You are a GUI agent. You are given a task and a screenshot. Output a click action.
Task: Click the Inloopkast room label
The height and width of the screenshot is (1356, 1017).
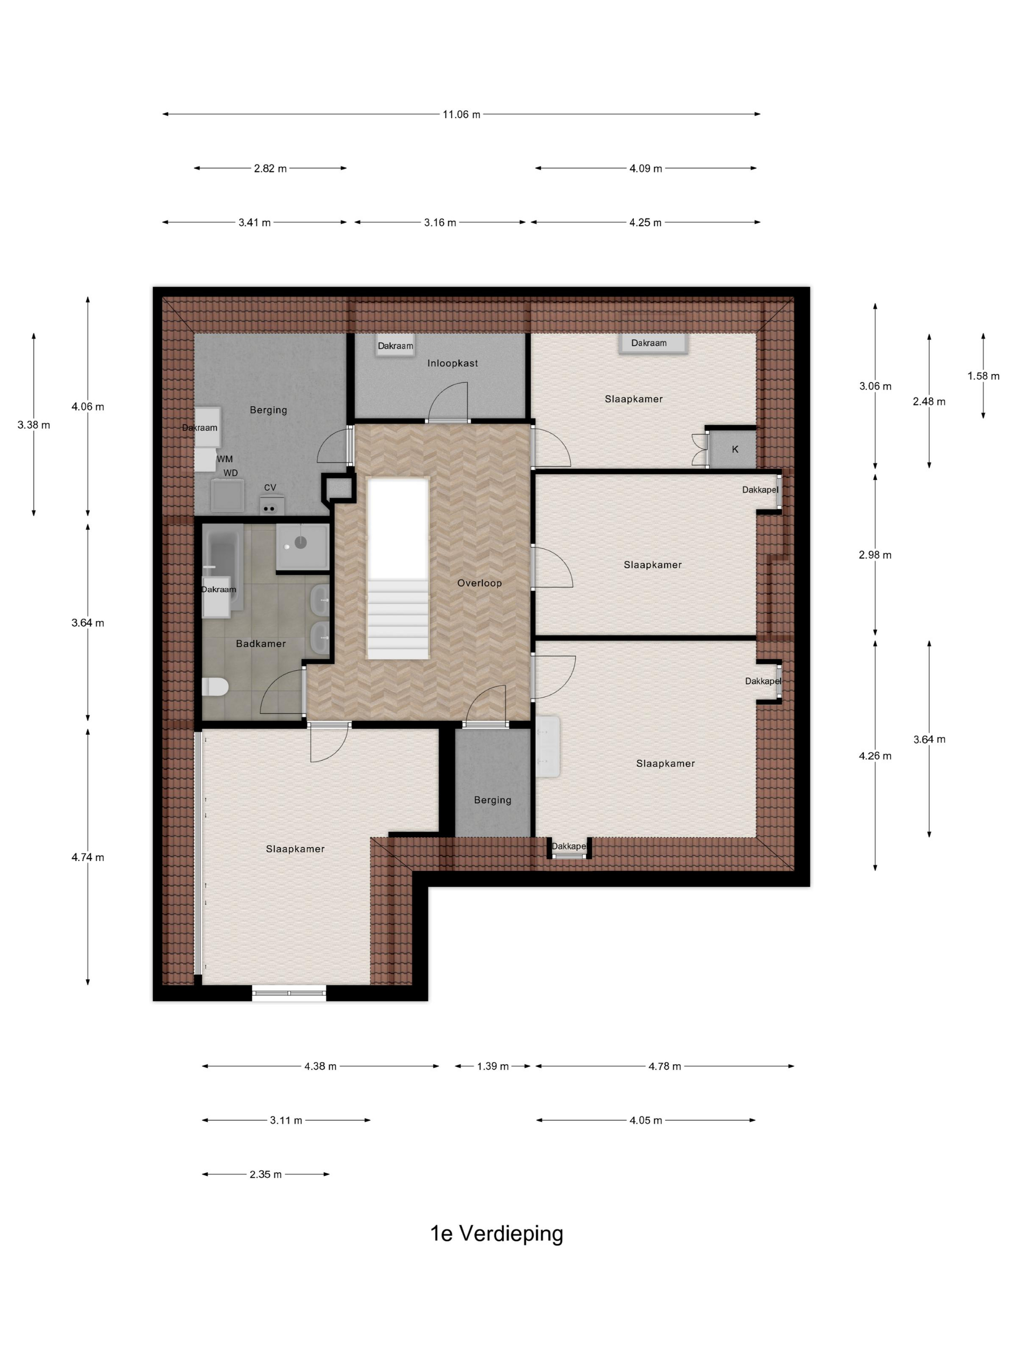pyautogui.click(x=452, y=363)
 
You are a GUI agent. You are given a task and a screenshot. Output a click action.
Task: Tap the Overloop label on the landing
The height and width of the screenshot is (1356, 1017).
pyautogui.click(x=479, y=583)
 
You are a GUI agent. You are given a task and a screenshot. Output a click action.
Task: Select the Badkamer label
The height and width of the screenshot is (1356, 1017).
pyautogui.click(x=261, y=644)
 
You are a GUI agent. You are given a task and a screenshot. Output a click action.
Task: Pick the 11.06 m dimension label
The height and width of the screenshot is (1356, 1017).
pyautogui.click(x=462, y=114)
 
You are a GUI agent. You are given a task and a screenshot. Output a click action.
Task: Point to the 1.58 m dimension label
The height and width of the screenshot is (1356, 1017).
pyautogui.click(x=983, y=376)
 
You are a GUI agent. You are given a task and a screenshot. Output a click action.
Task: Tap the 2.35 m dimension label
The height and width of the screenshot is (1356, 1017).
pyautogui.click(x=265, y=1174)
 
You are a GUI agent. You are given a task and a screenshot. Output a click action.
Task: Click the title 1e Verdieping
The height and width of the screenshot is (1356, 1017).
pyautogui.click(x=496, y=1233)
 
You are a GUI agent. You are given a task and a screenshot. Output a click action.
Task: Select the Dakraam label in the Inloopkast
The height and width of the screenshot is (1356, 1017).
pyautogui.click(x=395, y=346)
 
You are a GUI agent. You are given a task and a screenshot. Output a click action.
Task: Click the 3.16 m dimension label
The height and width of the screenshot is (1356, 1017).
pyautogui.click(x=440, y=222)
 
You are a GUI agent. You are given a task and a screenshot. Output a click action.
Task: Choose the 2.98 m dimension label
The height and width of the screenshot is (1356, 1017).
pyautogui.click(x=875, y=555)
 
